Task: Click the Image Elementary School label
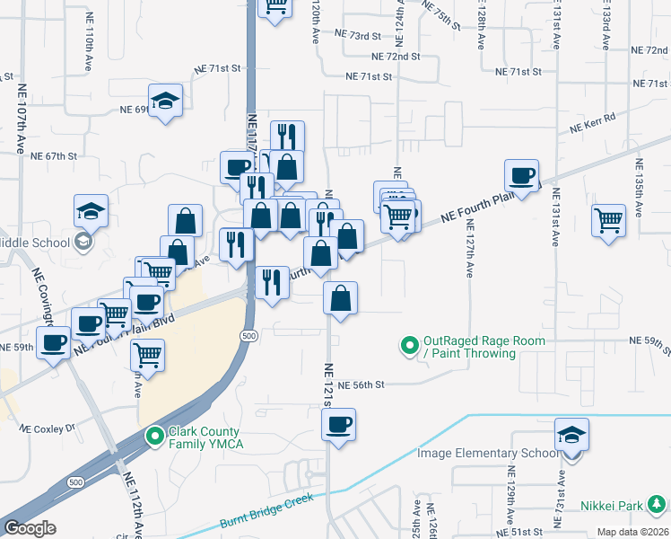487,453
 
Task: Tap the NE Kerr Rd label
593,122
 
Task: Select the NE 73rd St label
357,35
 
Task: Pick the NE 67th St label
55,155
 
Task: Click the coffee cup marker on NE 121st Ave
338,424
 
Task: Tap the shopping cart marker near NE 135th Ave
609,219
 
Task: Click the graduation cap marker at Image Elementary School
571,435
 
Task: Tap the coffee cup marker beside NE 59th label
54,342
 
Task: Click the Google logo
30,528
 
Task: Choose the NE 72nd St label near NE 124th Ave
398,57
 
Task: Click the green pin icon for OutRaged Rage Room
410,345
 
